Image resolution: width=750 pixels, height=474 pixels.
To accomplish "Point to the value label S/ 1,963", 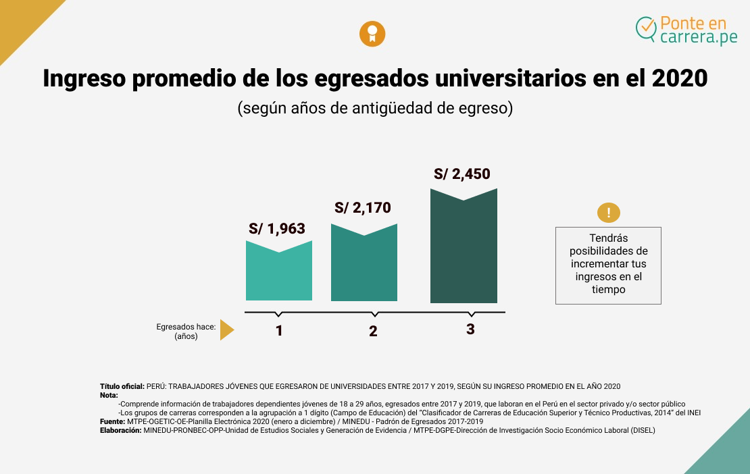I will [277, 229].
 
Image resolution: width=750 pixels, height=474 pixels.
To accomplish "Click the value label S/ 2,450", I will [462, 174].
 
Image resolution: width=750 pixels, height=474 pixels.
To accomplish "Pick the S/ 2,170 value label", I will [363, 208].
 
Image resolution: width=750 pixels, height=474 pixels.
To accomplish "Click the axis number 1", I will [279, 331].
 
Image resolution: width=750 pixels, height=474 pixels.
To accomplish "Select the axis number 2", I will [373, 332].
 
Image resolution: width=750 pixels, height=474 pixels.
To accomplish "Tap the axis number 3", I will [470, 330].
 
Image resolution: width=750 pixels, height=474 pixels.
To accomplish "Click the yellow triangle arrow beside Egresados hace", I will [226, 330].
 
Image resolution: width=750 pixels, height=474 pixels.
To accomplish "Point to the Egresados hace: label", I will [186, 327].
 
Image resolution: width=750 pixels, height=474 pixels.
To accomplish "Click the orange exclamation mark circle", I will [609, 213].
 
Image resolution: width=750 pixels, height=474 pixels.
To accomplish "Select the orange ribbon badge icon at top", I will [372, 34].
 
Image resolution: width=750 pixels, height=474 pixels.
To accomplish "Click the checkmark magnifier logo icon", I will [647, 28].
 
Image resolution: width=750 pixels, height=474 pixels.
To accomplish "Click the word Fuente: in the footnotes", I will [112, 421].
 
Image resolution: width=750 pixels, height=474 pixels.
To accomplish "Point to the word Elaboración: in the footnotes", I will [120, 430].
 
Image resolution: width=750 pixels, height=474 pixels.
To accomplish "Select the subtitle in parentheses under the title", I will [375, 108].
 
